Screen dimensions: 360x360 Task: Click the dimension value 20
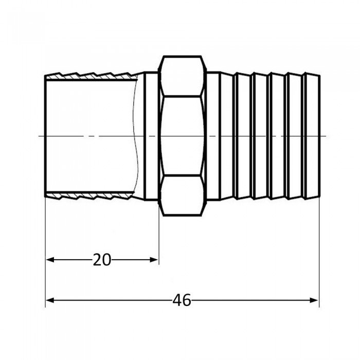(102, 260)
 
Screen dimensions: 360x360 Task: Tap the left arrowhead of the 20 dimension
(50, 260)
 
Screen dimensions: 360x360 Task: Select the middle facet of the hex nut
(182, 136)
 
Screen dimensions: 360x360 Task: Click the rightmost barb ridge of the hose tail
(312, 136)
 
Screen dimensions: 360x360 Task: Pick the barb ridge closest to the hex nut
(226, 136)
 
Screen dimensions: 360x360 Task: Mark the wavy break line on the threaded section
(136, 136)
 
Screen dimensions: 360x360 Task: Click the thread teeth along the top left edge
(93, 76)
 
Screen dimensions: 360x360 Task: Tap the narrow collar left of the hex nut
(151, 136)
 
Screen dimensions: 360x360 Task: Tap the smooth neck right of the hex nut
(213, 136)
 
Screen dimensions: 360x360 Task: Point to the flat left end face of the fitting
(46, 136)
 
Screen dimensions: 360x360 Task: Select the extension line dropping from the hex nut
(158, 237)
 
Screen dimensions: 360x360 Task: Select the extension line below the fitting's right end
(319, 247)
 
